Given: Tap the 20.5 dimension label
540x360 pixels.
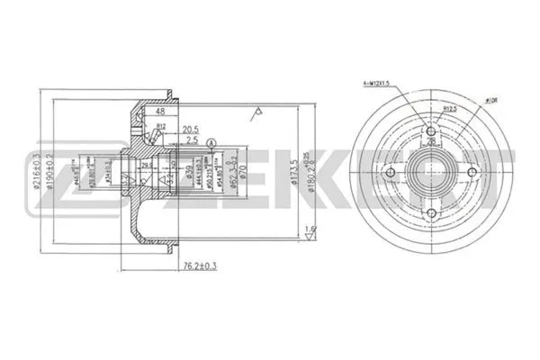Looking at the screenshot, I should [x=189, y=129].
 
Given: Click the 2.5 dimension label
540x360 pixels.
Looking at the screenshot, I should [x=193, y=142].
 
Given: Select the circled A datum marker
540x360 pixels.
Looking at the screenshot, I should [x=211, y=142].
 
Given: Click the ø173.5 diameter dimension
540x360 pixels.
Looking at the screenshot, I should [x=293, y=168].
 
